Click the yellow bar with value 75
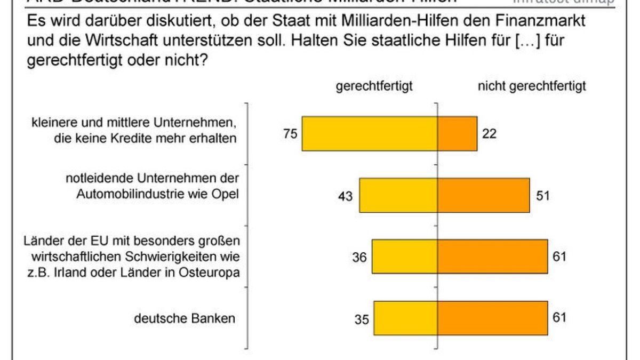click(370, 133)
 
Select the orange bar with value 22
click(458, 133)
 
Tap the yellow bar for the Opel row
click(398, 195)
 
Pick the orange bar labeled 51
click(484, 195)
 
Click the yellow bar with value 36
click(405, 257)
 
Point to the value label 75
click(291, 134)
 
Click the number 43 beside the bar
click(346, 196)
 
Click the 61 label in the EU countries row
click(559, 257)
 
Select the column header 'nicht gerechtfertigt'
click(532, 86)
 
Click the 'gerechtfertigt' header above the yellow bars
click(374, 86)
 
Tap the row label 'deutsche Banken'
click(184, 319)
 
